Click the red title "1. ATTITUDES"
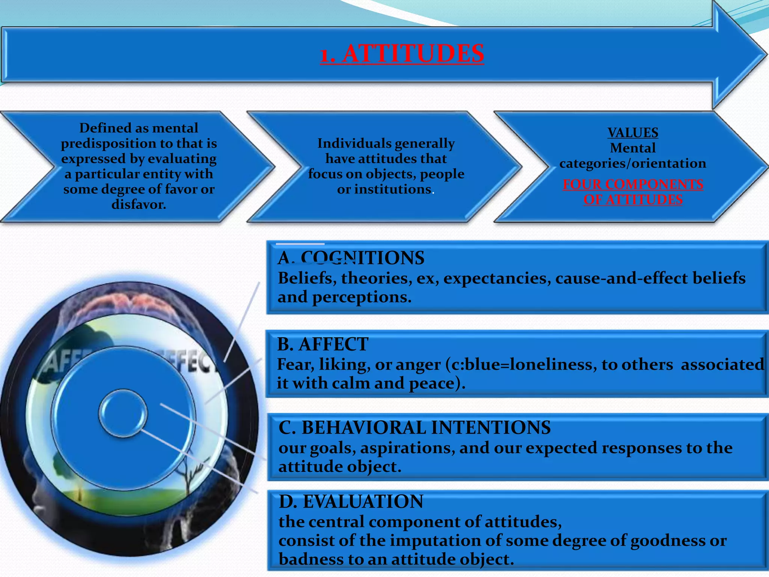402,53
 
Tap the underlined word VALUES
633,133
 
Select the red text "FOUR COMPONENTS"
633,184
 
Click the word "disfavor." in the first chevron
139,204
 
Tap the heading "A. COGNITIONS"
351,258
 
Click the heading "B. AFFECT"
323,344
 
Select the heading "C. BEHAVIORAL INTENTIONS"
415,427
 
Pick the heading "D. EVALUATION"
351,501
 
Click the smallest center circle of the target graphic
123,413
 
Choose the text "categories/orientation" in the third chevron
633,163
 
